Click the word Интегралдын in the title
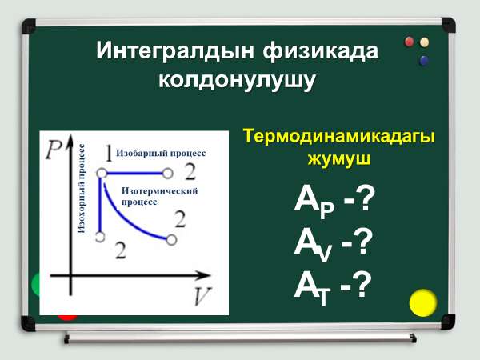[x=174, y=51]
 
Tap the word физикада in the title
[x=321, y=51]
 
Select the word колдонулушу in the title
[x=237, y=81]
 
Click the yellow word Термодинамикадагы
[x=339, y=137]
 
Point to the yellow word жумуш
[x=339, y=158]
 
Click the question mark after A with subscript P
[x=366, y=199]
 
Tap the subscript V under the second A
[x=325, y=253]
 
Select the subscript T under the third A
[x=324, y=296]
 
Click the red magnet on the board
[x=410, y=42]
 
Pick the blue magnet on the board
[x=424, y=61]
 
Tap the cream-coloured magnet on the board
[x=424, y=42]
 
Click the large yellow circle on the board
[x=423, y=302]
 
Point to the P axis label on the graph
[x=54, y=150]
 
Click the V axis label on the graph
[x=202, y=296]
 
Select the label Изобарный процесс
[x=161, y=153]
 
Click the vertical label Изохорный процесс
[x=81, y=189]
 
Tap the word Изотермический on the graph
[x=159, y=191]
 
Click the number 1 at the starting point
[x=109, y=153]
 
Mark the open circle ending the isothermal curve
[x=171, y=240]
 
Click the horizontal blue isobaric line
[x=134, y=174]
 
